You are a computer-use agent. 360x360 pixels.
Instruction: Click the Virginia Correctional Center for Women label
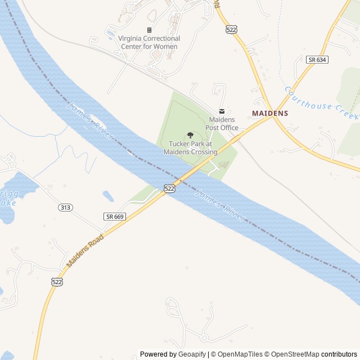click(x=149, y=42)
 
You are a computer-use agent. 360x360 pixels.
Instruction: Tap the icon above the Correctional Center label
click(x=149, y=30)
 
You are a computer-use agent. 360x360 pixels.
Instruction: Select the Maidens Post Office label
click(x=222, y=124)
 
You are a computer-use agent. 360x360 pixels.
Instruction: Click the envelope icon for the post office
click(x=222, y=111)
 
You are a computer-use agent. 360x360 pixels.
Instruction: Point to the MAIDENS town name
click(x=270, y=113)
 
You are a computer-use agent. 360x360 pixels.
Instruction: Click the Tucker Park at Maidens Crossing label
click(x=190, y=148)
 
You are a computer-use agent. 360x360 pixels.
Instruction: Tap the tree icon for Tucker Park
click(x=190, y=135)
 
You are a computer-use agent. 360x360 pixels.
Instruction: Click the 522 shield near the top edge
click(x=231, y=29)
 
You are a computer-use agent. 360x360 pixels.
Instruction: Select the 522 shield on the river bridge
click(x=170, y=188)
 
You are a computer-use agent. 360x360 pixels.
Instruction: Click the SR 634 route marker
click(x=317, y=60)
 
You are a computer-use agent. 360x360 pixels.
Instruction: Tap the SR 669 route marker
click(x=114, y=217)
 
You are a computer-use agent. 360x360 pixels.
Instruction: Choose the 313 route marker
click(x=65, y=208)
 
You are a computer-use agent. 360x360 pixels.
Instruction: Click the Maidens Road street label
click(x=85, y=250)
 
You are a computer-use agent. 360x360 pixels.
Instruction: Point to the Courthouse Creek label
click(x=321, y=103)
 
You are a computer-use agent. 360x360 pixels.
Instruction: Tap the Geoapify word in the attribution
click(x=192, y=354)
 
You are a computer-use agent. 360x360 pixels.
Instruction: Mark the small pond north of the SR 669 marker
click(x=108, y=196)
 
